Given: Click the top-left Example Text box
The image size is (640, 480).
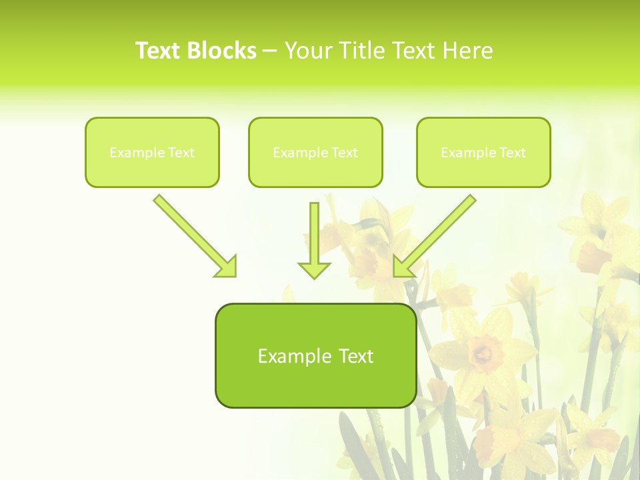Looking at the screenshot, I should pos(152,153).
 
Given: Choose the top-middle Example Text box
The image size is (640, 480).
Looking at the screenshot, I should pos(315,153).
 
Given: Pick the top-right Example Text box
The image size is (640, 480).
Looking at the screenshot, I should pos(483,153).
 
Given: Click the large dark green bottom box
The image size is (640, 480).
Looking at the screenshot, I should pos(315,356).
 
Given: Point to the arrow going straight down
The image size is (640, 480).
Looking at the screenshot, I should pos(314,240).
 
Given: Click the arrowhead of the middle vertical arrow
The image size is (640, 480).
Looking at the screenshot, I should pos(314,269).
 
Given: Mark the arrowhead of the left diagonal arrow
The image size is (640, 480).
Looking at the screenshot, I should pos(227,267).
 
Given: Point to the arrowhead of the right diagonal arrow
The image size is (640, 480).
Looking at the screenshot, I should pos(403,267).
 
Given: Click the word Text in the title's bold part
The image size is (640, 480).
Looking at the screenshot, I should pos(158,51).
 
